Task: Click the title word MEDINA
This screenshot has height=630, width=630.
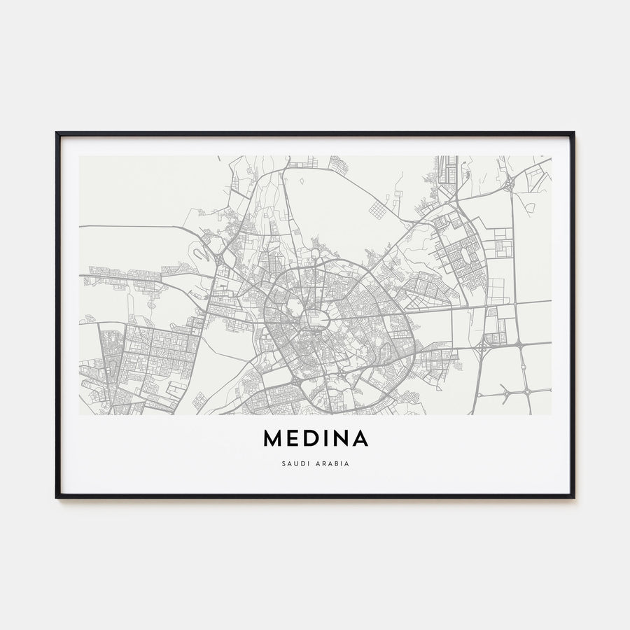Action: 315,438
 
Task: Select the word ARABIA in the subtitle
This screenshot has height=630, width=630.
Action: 332,463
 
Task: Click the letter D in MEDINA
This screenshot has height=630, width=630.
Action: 309,438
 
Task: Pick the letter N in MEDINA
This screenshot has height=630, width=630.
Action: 340,438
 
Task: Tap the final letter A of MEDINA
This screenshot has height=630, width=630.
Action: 360,438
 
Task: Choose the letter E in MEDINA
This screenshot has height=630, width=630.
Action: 291,438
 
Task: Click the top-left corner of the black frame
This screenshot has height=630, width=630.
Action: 57,133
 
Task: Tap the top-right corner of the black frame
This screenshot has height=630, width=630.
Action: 573,133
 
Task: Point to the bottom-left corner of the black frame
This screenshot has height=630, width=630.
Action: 57,497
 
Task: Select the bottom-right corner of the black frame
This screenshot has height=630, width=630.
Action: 573,497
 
